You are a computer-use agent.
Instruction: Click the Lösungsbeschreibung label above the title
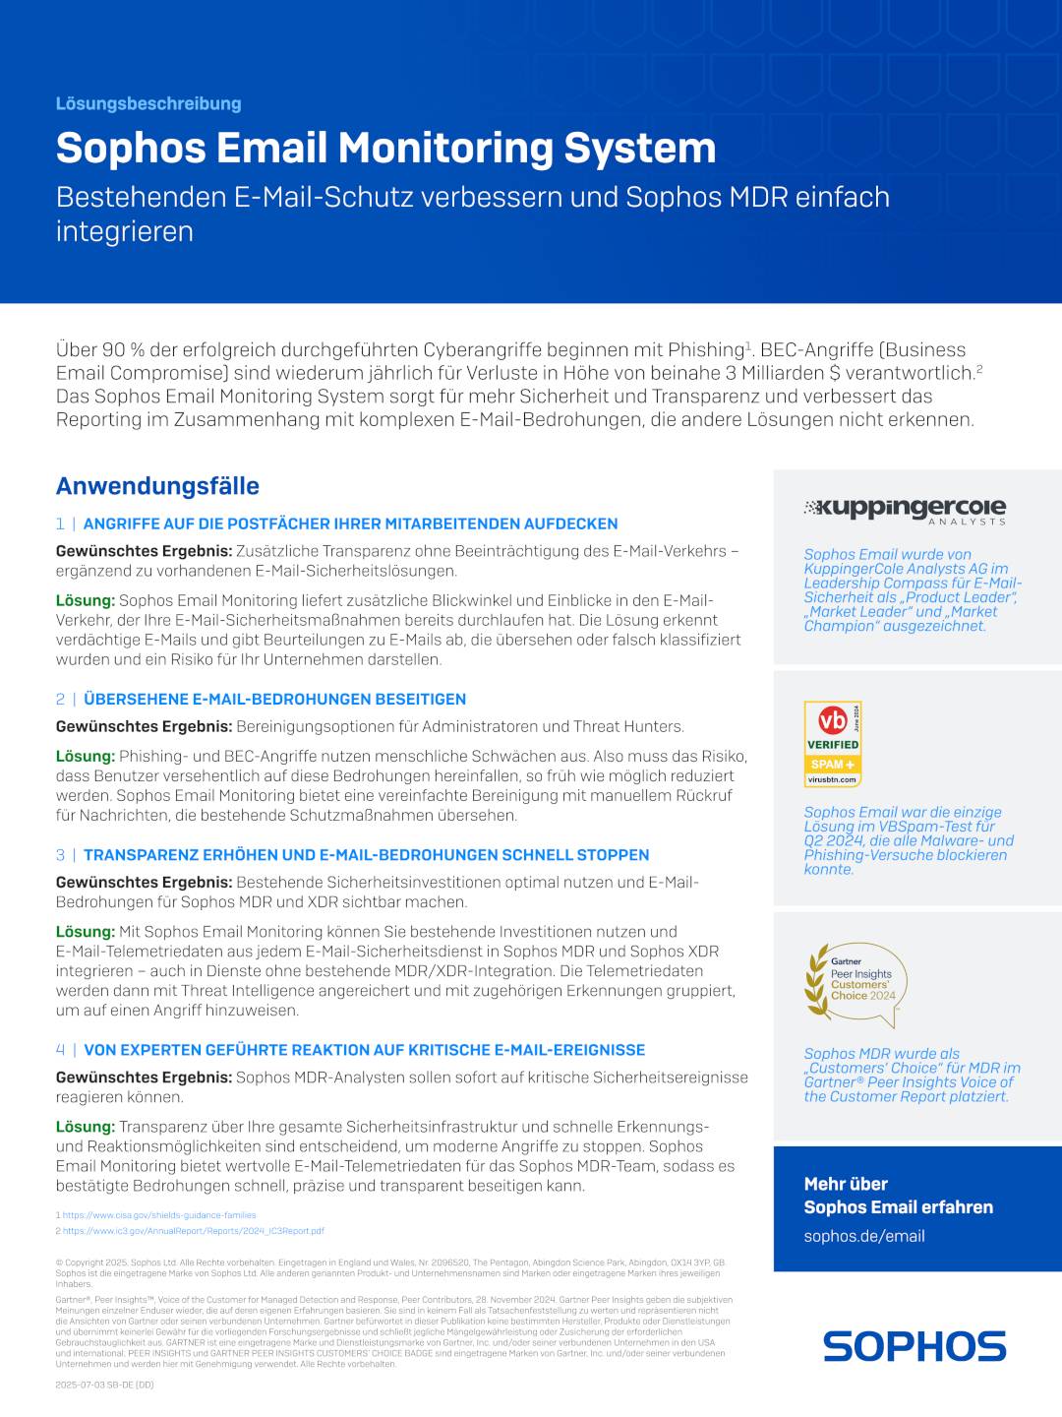pos(148,103)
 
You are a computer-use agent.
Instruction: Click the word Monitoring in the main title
pos(445,148)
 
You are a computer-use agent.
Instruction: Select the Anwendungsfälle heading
pos(157,486)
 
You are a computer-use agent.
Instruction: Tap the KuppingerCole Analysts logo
pos(905,509)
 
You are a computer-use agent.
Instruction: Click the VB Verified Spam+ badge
pos(833,744)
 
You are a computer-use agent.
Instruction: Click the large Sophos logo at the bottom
pos(914,1346)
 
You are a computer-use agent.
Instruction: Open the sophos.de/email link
pos(864,1236)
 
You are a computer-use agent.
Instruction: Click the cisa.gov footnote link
pos(159,1215)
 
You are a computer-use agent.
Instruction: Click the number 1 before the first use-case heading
pos(60,524)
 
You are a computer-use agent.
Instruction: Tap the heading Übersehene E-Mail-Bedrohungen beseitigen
pos(274,699)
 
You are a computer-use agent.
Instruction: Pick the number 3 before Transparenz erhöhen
pos(60,855)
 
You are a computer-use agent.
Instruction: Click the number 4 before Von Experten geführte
pos(60,1050)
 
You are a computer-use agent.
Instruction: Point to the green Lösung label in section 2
pos(86,756)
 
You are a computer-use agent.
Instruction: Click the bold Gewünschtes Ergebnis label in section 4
pos(144,1078)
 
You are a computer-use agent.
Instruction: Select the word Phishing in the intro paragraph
pos(705,350)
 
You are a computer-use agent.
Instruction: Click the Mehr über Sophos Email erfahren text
pos(898,1196)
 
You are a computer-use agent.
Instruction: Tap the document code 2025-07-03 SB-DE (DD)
pos(104,1385)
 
